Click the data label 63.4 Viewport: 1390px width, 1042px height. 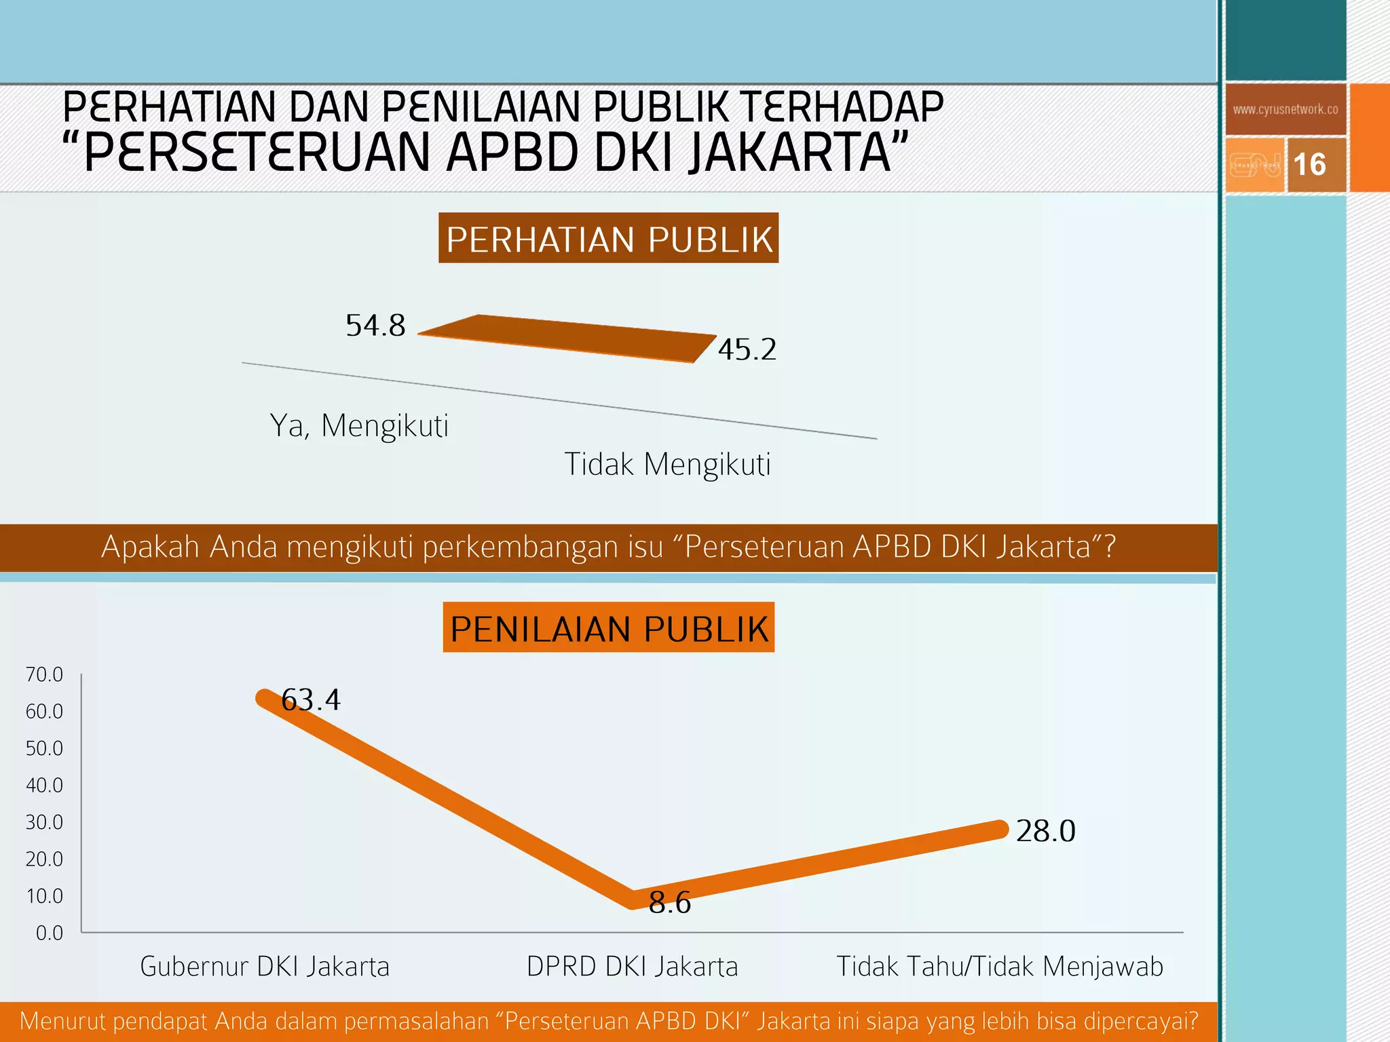tap(311, 700)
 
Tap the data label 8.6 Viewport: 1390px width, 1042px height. tap(669, 903)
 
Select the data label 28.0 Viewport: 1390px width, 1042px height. tap(1045, 831)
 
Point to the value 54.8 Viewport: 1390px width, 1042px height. tap(375, 326)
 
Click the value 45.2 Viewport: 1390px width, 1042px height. tap(747, 350)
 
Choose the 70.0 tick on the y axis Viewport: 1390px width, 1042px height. tap(44, 674)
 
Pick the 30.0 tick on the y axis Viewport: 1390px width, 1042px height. tap(44, 822)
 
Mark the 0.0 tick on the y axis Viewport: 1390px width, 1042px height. tap(49, 933)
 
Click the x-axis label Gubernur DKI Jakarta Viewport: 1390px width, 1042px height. tap(265, 967)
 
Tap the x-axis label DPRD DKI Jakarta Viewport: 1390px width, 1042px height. tap(632, 967)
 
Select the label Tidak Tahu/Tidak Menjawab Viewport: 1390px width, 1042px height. tap(999, 967)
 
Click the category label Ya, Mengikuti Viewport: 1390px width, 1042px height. tap(359, 426)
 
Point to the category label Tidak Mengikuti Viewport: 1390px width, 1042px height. tap(667, 465)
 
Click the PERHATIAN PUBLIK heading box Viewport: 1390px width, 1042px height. tap(608, 239)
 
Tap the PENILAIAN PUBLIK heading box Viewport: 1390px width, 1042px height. tap(608, 628)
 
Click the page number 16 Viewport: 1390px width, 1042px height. tap(1309, 165)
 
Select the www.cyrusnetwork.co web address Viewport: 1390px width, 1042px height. tap(1285, 109)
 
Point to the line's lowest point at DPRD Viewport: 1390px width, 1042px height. tap(632, 900)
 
